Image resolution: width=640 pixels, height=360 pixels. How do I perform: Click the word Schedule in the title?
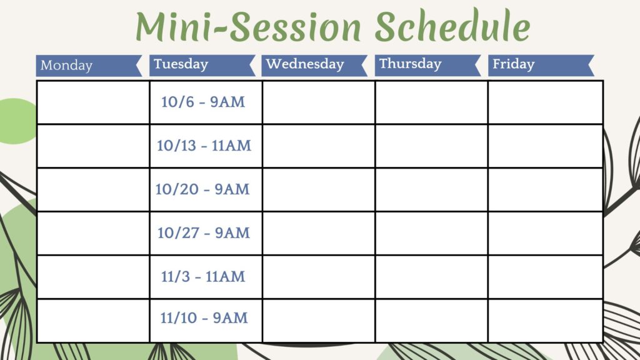[452, 26]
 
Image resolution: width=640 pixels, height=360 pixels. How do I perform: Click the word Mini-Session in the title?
[248, 26]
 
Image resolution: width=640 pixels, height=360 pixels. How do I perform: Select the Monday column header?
[89, 66]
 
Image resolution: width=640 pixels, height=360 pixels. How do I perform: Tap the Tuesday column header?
[202, 65]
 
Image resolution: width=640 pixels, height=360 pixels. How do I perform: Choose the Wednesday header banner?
[314, 65]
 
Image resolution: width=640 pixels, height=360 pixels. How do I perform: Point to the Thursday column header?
[427, 65]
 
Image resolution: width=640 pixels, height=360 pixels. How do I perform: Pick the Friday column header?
[541, 65]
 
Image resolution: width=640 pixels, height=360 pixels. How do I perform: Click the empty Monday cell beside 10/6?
[93, 102]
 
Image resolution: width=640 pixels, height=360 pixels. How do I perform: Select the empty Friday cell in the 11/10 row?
[545, 321]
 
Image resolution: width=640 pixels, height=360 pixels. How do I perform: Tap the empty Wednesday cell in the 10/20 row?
[318, 189]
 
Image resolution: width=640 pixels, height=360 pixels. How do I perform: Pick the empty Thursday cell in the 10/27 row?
[431, 233]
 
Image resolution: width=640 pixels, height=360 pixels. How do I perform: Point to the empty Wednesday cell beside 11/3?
[318, 277]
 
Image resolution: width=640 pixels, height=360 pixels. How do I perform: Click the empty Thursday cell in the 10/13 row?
[431, 146]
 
